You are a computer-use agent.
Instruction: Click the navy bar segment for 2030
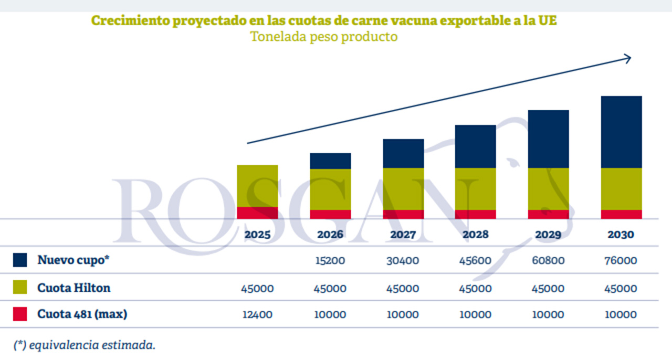coord(621,132)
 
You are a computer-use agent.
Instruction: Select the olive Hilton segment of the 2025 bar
coord(257,186)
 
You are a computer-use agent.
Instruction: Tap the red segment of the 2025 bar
coord(257,213)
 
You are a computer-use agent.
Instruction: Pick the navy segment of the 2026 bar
coord(330,161)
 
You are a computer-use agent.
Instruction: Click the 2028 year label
coord(475,234)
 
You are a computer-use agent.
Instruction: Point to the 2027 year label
coord(403,234)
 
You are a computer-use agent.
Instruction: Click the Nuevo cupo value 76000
coord(621,260)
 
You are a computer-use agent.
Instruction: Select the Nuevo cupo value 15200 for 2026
coord(330,260)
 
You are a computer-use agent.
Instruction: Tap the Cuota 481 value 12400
coord(257,314)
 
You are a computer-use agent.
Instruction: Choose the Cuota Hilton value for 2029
coord(549,288)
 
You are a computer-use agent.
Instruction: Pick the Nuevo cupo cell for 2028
coord(476,260)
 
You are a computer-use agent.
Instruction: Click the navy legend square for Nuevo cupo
coord(20,260)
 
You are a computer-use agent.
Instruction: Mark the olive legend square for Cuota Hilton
coord(20,288)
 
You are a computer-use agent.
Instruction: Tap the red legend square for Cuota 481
coord(20,314)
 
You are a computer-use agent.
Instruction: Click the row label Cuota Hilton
coord(73,288)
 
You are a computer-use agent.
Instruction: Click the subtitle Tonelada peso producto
coord(323,37)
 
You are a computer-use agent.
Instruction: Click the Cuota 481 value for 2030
coord(621,314)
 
